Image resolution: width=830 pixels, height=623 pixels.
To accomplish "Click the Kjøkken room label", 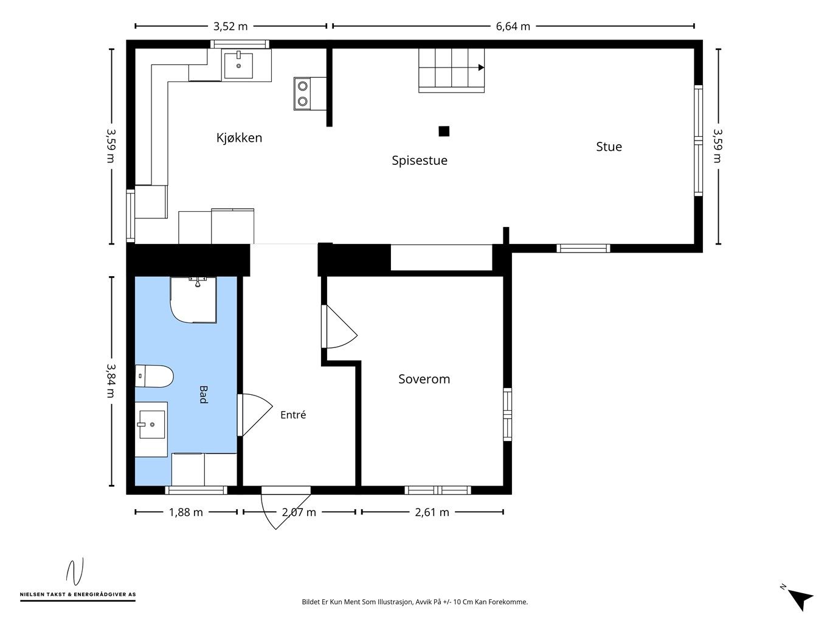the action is (239, 137).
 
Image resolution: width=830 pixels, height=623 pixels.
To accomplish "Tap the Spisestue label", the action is (420, 161).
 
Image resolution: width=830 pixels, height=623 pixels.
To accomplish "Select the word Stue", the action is (609, 147).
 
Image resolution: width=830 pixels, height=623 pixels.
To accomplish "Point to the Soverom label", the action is (424, 379).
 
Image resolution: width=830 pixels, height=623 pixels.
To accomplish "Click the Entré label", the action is (293, 415).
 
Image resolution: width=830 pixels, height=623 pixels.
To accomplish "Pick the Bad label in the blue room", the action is (204, 394).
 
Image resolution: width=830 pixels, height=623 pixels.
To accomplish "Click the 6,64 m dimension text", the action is (513, 27).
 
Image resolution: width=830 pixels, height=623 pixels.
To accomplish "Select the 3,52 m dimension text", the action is (230, 27).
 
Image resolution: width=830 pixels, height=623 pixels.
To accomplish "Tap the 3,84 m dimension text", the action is (111, 380).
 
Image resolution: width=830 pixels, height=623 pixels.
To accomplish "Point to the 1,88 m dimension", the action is (185, 512).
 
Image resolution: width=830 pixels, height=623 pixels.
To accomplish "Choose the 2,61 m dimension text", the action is (432, 512).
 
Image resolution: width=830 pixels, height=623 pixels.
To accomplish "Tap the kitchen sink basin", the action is (238, 65).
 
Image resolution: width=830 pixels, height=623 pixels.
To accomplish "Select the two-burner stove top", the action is (302, 94).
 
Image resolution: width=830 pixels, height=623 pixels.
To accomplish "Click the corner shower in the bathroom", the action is (193, 299).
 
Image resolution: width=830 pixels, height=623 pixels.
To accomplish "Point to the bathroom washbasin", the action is (151, 425).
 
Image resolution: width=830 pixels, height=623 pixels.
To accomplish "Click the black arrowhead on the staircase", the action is (481, 68).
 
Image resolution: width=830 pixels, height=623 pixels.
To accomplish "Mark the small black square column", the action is (444, 131).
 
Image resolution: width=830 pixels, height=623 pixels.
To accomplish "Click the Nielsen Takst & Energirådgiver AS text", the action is (78, 594).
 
